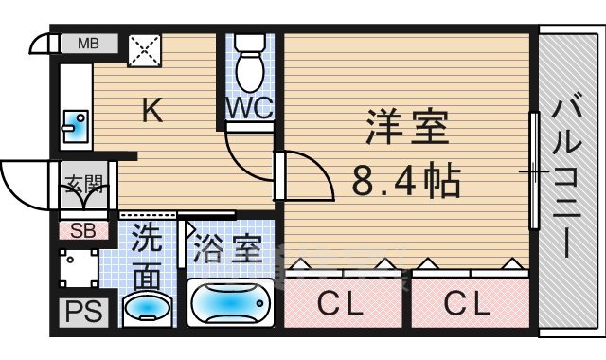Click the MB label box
[x=89, y=44]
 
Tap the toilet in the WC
[x=251, y=63]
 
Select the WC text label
[x=250, y=108]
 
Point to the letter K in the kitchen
[x=151, y=111]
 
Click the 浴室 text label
[x=227, y=252]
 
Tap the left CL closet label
[x=342, y=304]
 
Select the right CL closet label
[x=469, y=304]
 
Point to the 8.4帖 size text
[x=407, y=179]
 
